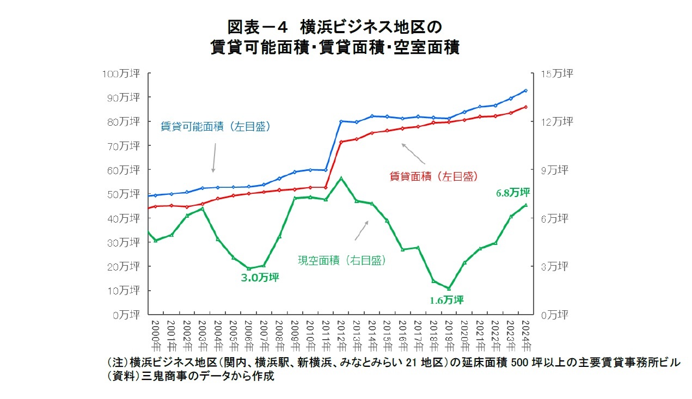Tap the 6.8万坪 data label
512,193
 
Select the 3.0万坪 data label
260,278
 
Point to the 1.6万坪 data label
446,300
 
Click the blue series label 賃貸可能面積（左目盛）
216,126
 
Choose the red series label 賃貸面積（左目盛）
433,176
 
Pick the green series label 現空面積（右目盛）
342,261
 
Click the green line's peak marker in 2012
341,178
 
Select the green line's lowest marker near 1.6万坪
449,288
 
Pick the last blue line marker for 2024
525,90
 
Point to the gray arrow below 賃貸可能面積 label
214,158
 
